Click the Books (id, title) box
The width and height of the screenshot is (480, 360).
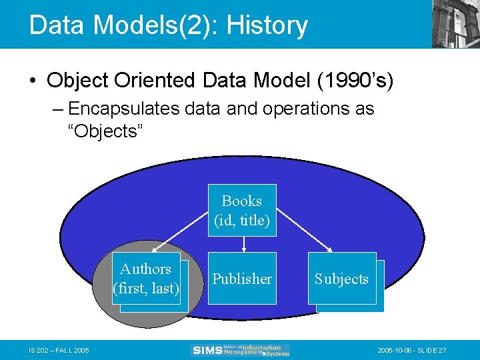(242, 210)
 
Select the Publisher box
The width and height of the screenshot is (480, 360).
(242, 278)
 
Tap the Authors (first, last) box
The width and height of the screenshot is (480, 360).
(147, 279)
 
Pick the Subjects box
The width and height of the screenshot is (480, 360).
(342, 279)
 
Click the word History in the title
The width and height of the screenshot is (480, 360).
(267, 25)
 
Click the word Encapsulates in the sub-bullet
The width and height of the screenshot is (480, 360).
(123, 108)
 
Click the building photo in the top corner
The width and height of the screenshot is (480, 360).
(455, 23)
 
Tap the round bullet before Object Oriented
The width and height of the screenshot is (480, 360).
(33, 81)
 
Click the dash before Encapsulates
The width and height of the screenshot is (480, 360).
(59, 109)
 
